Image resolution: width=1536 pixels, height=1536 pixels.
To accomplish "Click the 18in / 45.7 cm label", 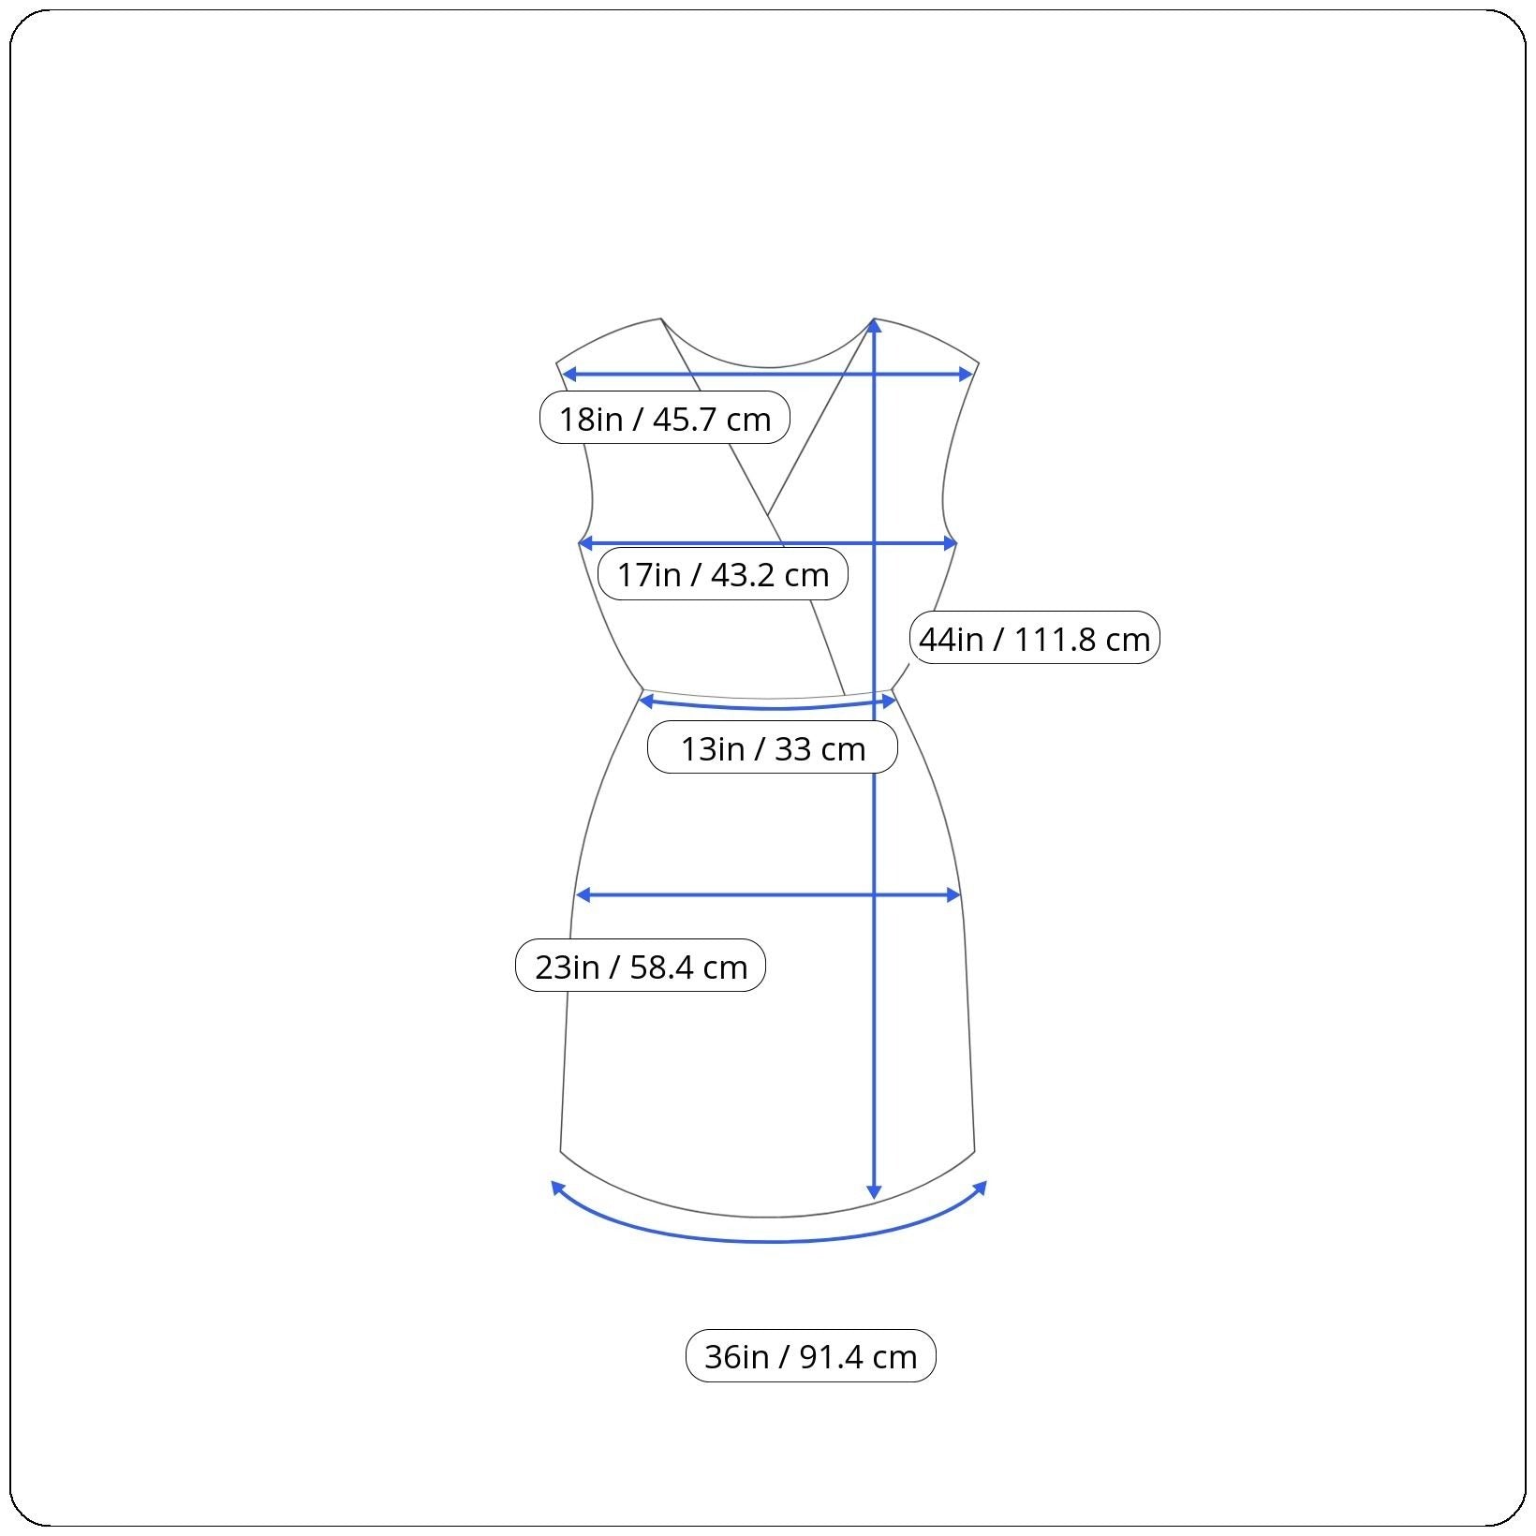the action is pyautogui.click(x=665, y=418).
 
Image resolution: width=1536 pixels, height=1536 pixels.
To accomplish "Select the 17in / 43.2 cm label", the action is pyautogui.click(x=722, y=573).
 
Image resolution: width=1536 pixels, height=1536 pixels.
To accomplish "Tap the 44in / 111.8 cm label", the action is pyautogui.click(x=1034, y=638).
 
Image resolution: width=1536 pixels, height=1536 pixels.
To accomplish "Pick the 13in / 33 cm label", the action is pyautogui.click(x=773, y=747).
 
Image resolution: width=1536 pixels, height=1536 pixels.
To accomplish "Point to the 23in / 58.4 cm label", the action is pyautogui.click(x=641, y=965).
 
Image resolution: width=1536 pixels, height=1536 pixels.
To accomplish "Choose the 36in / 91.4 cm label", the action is pyautogui.click(x=811, y=1355).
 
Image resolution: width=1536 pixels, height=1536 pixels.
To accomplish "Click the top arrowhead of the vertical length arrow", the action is pyautogui.click(x=874, y=325).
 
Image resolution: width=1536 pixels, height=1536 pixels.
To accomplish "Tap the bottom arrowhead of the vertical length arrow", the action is pyautogui.click(x=874, y=1191).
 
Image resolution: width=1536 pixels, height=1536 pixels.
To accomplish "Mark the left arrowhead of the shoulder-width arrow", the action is pyautogui.click(x=568, y=374).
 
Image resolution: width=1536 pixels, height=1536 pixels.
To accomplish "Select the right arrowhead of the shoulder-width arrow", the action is pyautogui.click(x=967, y=374).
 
